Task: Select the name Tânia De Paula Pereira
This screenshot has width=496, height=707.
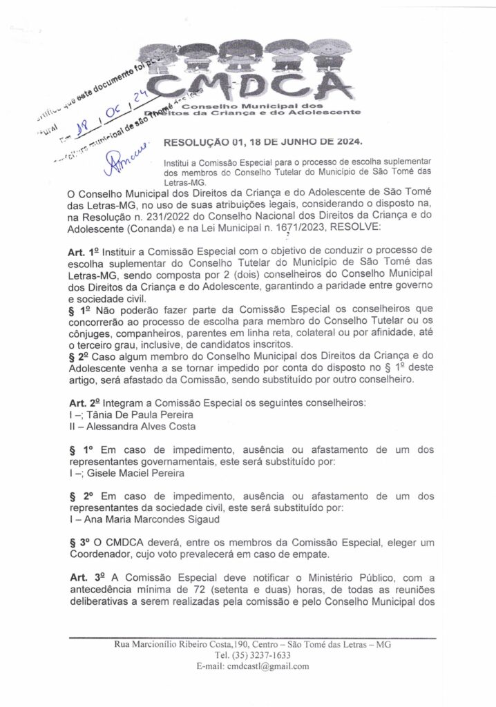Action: point(137,414)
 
